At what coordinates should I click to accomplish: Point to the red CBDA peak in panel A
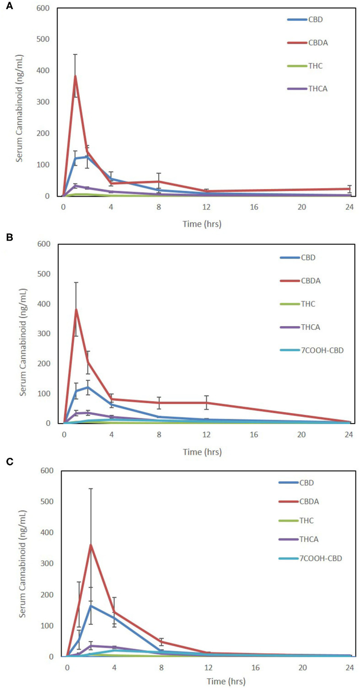click(75, 76)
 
